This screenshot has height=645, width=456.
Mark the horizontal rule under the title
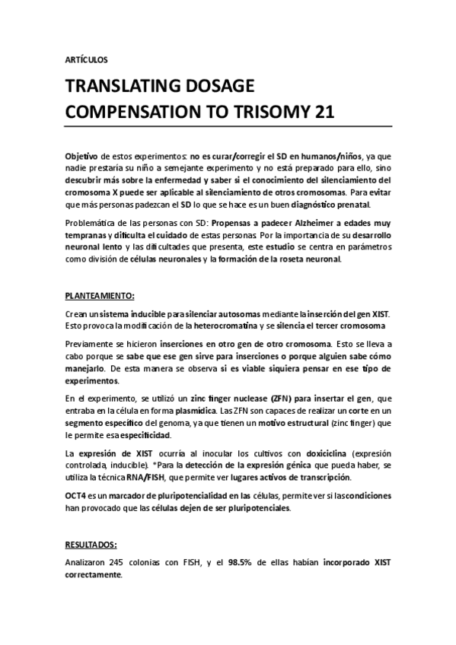228,127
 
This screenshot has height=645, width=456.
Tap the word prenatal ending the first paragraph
352,205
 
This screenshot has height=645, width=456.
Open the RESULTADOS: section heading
91,545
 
